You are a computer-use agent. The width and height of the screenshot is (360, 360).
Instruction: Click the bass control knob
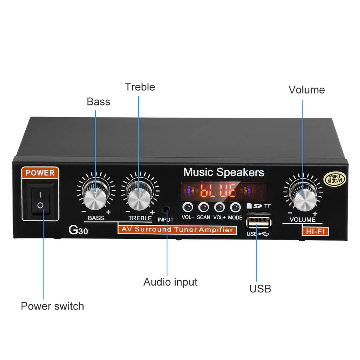click(96, 196)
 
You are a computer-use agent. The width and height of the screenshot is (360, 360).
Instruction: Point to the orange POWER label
click(40, 173)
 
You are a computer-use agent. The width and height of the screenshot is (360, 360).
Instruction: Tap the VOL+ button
click(219, 207)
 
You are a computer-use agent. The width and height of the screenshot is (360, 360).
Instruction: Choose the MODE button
click(235, 207)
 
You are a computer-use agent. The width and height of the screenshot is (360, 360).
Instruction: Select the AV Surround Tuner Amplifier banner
click(176, 230)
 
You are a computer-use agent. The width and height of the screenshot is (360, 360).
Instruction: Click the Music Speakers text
click(224, 172)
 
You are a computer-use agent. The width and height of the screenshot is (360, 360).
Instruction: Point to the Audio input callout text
click(170, 282)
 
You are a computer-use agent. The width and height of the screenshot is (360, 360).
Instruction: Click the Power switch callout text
click(52, 306)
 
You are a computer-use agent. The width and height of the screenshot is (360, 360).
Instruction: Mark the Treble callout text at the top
click(140, 87)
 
